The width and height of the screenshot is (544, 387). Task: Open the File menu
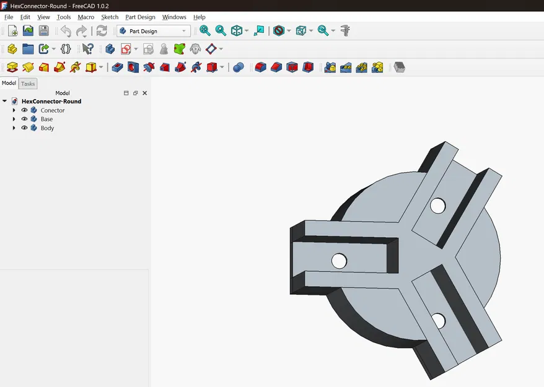(9, 17)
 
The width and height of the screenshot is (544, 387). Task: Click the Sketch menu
(110, 17)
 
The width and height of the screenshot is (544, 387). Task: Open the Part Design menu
(140, 17)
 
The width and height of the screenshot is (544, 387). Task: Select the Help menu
(199, 17)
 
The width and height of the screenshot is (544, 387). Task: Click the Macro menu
(86, 17)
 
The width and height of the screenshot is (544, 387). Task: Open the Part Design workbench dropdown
(154, 31)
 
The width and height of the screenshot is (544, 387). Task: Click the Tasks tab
(28, 84)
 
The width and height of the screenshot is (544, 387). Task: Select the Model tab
(9, 83)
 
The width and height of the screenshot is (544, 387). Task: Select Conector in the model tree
(53, 110)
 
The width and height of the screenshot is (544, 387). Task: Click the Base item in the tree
(46, 119)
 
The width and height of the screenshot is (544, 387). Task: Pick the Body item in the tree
(47, 128)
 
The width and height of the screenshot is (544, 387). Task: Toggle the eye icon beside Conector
(25, 110)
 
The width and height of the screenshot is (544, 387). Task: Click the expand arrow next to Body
(14, 128)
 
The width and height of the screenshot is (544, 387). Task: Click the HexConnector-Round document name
(51, 101)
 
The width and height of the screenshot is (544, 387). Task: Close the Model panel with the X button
(145, 93)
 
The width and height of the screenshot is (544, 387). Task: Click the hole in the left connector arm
(339, 261)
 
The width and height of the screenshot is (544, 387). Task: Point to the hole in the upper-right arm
(437, 206)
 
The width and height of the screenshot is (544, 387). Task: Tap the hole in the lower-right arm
(438, 321)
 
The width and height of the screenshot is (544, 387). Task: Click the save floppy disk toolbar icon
(44, 31)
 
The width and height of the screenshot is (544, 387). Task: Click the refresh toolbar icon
(102, 31)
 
